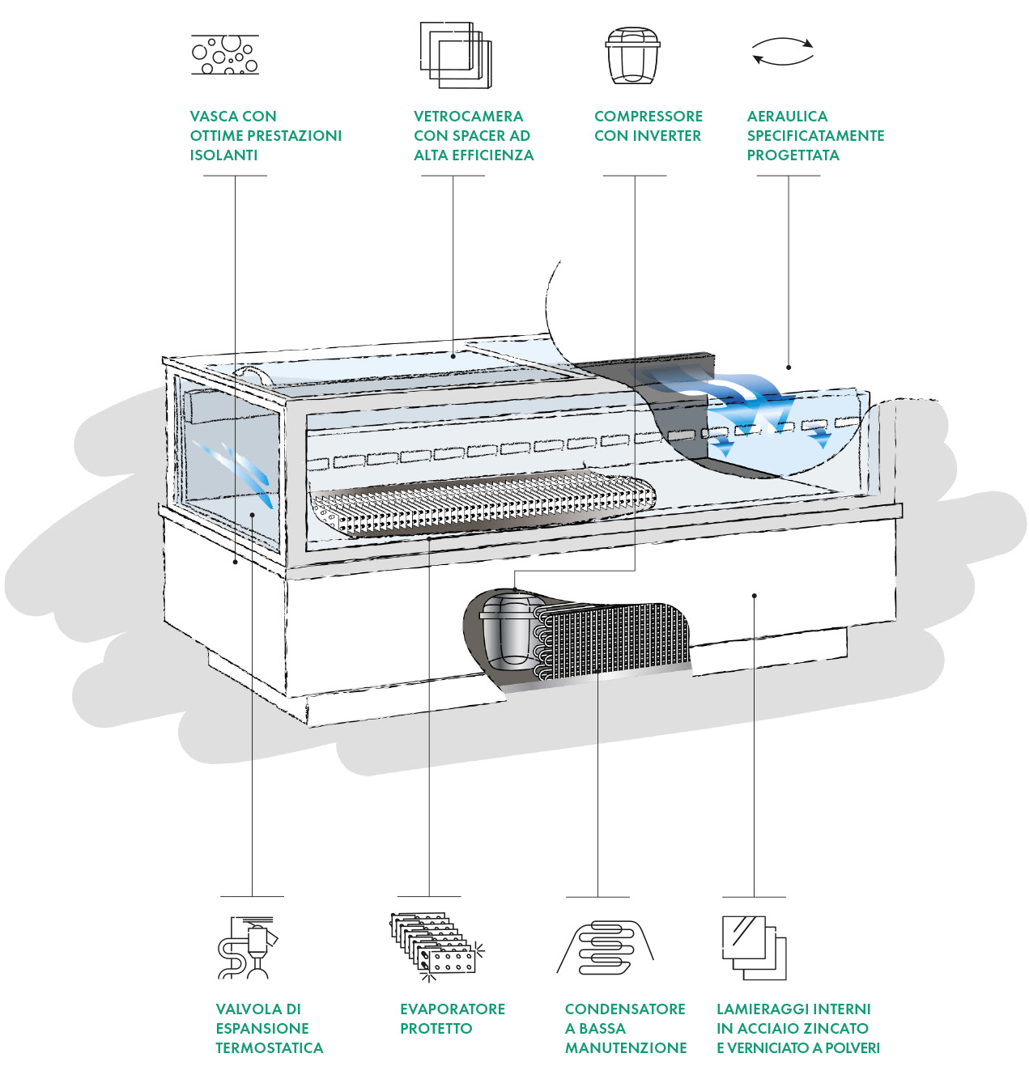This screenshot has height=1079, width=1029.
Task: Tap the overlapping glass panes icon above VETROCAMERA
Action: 455,54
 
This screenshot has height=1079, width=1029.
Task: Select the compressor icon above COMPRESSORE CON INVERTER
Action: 632,55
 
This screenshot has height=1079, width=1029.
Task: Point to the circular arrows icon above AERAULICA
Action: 782,51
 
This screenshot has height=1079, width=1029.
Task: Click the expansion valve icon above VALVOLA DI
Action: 247,947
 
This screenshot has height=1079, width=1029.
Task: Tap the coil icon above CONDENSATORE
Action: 605,947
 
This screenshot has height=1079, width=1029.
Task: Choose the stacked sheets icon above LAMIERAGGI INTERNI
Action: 754,947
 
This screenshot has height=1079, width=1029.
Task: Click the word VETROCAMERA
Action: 469,117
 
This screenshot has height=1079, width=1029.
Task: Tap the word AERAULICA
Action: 787,117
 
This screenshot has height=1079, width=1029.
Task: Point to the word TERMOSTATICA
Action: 269,1047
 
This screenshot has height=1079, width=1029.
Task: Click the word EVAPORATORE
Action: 453,1009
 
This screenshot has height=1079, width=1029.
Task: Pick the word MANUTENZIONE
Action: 626,1047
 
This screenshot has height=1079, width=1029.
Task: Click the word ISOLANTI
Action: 223,155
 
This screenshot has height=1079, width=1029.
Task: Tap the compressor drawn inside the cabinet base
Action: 506,631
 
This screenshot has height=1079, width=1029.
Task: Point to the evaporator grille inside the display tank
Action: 483,503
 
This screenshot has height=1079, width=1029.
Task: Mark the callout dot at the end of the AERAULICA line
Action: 789,367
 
